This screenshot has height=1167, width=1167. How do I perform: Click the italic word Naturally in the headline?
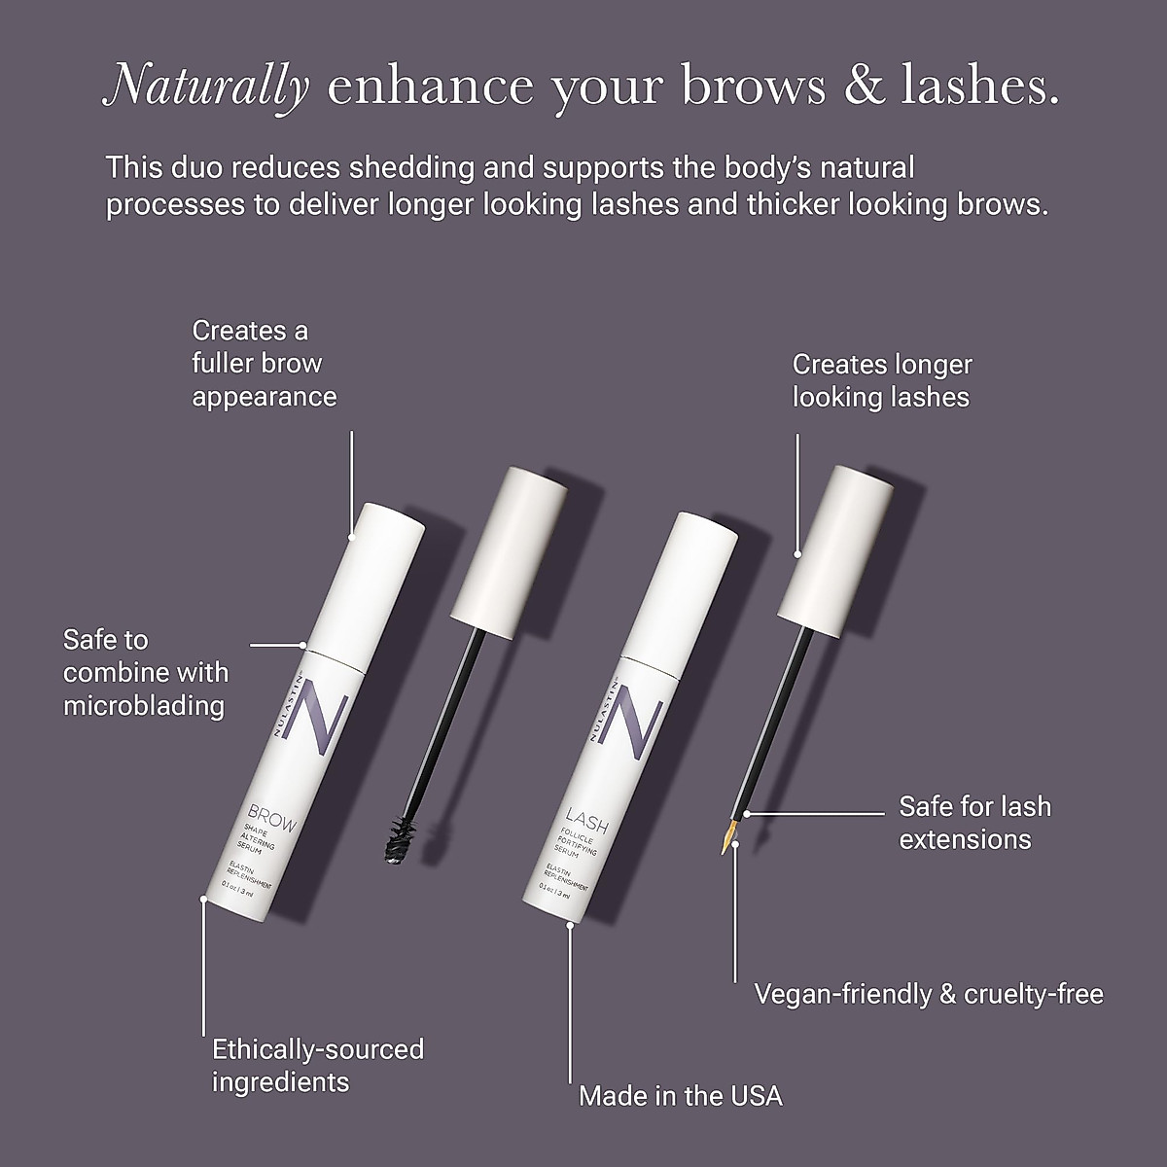[x=206, y=86]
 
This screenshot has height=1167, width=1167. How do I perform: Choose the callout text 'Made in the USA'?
[x=680, y=1096]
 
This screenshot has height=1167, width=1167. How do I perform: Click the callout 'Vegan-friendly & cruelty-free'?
[x=929, y=994]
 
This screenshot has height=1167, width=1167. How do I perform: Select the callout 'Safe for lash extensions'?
[x=974, y=823]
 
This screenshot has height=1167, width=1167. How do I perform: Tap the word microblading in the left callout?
[x=144, y=705]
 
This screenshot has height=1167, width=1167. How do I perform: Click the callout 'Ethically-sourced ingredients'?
[x=318, y=1065]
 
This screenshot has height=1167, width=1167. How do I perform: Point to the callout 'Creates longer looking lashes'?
[x=881, y=380]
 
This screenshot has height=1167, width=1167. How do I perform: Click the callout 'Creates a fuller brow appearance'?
[x=264, y=364]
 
